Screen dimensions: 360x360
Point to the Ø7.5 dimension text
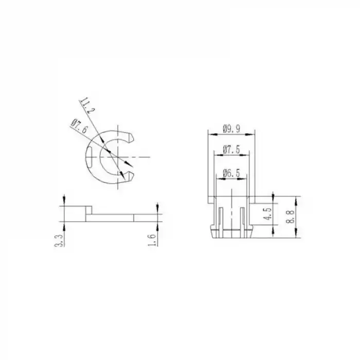pos(231,150)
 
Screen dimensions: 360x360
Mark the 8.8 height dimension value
pos(292,217)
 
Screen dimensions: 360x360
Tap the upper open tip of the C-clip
pos(131,137)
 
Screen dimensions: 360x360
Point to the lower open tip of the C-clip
pos(131,176)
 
